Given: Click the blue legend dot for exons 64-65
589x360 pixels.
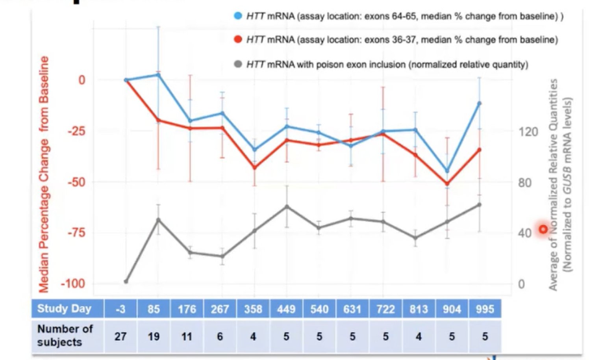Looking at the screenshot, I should [x=238, y=16].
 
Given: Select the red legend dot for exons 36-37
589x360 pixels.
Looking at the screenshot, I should [x=238, y=39].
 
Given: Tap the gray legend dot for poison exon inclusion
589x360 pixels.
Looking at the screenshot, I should [x=238, y=64].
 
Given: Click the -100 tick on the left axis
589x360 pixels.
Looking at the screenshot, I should [x=73, y=284].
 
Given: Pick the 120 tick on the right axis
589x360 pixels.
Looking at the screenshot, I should [x=528, y=132].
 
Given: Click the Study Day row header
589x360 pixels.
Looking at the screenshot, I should [x=64, y=309].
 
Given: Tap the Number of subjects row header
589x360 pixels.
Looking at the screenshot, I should [x=65, y=336].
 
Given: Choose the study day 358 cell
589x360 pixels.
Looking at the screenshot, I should [x=253, y=309].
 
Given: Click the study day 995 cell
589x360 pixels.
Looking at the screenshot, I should [x=485, y=309].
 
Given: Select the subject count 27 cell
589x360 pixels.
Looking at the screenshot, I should [x=120, y=337].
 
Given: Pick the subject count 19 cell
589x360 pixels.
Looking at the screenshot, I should [x=154, y=337].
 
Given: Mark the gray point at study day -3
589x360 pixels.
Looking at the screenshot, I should [x=126, y=282].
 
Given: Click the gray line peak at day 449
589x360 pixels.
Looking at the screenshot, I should [x=287, y=206].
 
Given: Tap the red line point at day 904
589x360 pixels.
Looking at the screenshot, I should [x=447, y=184].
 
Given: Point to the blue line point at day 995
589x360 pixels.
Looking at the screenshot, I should [x=479, y=104].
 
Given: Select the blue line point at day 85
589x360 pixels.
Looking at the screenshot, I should [x=158, y=74].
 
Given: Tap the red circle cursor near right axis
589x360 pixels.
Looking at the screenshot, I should [x=543, y=229].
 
